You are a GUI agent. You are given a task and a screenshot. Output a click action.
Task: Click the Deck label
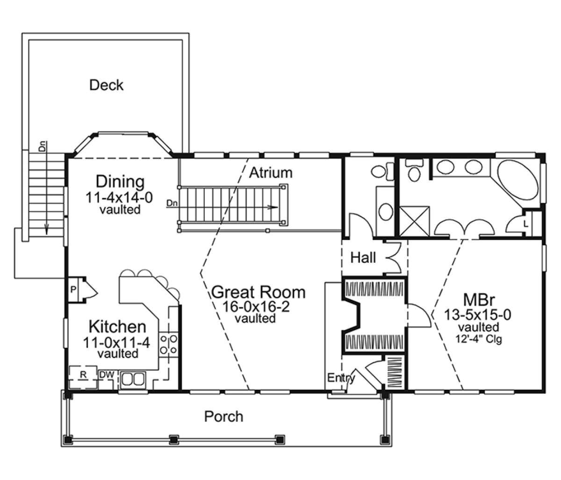(x=106, y=85)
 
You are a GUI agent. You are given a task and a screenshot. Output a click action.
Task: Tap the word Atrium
(x=271, y=173)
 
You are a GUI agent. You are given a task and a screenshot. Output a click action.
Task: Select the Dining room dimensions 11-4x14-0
(x=119, y=198)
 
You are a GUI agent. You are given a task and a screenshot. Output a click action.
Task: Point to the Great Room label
(x=259, y=292)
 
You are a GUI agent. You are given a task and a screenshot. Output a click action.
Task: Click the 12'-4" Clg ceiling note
(x=479, y=339)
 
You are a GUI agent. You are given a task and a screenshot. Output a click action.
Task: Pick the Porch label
(x=223, y=416)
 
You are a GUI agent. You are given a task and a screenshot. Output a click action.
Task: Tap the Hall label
(x=363, y=257)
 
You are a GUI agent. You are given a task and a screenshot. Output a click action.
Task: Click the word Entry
(x=341, y=378)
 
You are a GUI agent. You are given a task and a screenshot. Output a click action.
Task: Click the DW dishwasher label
(x=107, y=375)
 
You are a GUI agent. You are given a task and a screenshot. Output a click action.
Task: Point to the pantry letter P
(x=73, y=290)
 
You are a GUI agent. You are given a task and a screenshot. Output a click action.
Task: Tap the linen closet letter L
(x=526, y=224)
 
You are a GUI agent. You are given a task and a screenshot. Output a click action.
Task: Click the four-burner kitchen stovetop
(x=168, y=345)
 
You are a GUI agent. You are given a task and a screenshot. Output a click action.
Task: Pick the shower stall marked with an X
(x=415, y=221)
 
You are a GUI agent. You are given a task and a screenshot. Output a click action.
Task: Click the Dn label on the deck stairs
(x=43, y=146)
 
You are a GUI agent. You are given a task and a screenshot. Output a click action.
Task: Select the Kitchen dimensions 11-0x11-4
(x=116, y=343)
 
